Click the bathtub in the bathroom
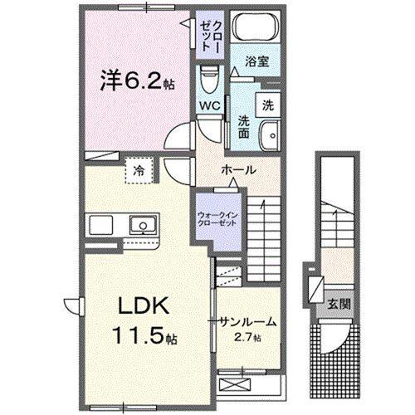tap(256, 27)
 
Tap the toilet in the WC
tap(210, 79)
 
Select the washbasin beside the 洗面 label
tap(270, 136)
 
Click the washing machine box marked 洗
tap(268, 105)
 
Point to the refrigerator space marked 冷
tap(139, 171)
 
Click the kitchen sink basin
tap(143, 225)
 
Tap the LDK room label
tap(144, 305)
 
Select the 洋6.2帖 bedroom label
tap(137, 80)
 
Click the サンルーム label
tap(248, 322)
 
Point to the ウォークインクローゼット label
tap(218, 218)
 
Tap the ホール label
tap(238, 170)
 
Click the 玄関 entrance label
tap(339, 305)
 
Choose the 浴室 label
tap(257, 61)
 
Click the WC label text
tap(210, 105)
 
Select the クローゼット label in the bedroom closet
tap(210, 36)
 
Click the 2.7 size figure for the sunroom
tap(247, 337)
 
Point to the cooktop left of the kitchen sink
tap(100, 225)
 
